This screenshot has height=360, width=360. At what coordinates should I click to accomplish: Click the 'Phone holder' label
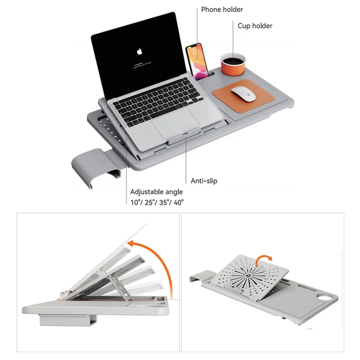coord(222,10)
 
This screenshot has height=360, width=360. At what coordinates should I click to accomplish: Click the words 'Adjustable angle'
coord(157,192)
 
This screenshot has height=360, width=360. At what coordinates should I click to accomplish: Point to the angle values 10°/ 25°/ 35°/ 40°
coord(157,203)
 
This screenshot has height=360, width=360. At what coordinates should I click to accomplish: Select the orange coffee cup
coord(233,62)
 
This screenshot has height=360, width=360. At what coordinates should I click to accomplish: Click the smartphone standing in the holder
coord(197,59)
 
